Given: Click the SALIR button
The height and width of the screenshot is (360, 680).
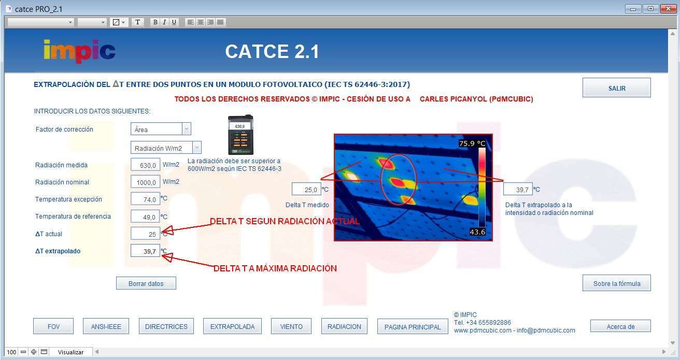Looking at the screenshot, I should (x=616, y=88).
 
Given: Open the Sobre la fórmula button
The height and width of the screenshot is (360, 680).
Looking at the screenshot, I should (x=616, y=283).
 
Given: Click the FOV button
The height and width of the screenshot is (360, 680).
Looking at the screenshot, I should (x=53, y=326).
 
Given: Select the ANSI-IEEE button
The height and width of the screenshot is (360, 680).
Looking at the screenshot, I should (x=106, y=326).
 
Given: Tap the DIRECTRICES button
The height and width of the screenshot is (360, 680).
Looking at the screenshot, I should (x=166, y=326).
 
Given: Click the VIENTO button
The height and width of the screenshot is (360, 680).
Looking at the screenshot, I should (x=291, y=326).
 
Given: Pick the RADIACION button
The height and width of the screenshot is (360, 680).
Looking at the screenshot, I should (x=344, y=326).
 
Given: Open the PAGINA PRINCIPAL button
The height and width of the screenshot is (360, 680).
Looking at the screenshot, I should (x=413, y=327).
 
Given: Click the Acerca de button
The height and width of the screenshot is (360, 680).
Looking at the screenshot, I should (x=620, y=326).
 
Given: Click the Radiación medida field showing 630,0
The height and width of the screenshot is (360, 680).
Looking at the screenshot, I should (x=145, y=165).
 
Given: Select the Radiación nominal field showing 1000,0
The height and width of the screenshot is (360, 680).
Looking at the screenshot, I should (x=145, y=182).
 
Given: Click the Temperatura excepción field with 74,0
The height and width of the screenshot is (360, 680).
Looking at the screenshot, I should (x=145, y=199).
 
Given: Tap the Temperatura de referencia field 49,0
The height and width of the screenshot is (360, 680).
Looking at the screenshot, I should (x=145, y=217).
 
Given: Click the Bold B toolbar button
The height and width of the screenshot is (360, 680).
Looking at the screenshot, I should (x=155, y=22).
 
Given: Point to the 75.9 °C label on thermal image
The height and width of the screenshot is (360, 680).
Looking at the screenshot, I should (x=472, y=143).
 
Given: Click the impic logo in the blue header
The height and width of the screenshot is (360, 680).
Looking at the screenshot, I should (x=79, y=51).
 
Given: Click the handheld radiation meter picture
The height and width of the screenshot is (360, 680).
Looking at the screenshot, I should (x=240, y=134).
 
